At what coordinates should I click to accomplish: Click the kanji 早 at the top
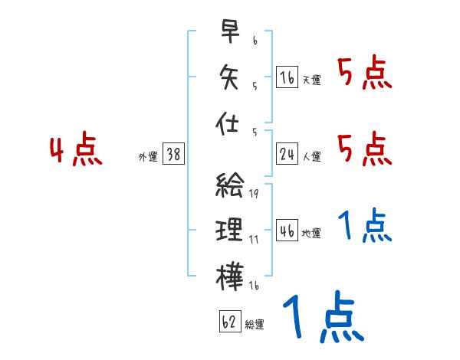[229, 32]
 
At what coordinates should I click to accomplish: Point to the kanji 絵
[229, 186]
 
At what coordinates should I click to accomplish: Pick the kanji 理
[229, 231]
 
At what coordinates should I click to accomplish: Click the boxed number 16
[287, 77]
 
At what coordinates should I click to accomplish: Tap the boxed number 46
[287, 231]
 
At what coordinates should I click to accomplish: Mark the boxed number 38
[173, 154]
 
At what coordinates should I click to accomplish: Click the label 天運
[311, 80]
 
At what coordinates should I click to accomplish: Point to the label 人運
[311, 156]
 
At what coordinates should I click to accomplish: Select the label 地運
[311, 233]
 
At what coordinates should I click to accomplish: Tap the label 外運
[147, 156]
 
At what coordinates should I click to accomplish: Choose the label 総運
[255, 324]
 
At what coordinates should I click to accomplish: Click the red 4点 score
[75, 150]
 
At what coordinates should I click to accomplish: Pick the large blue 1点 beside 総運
[322, 319]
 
